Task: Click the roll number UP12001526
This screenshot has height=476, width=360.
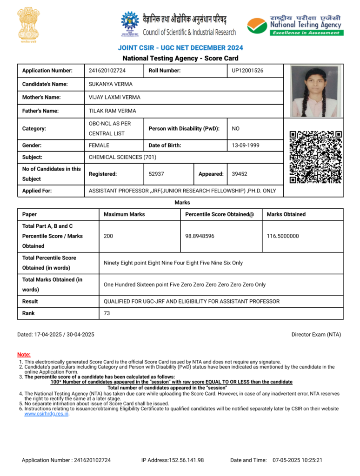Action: (247, 71)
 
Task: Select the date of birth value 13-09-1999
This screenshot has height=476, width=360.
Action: (246, 145)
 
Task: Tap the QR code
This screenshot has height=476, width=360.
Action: (316, 157)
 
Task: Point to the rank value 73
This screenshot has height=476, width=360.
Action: (107, 313)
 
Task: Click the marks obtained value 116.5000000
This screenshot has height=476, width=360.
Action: (283, 236)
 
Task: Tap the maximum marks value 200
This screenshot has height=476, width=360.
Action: (108, 236)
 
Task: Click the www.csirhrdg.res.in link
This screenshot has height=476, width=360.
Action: (47, 414)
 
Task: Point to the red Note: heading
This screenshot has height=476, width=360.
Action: (24, 355)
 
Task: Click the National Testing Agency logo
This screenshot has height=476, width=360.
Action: (295, 24)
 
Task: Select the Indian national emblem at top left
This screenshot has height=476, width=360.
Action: (28, 24)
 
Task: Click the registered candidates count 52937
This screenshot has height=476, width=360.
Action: (156, 174)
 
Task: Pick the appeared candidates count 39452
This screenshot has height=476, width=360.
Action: (240, 174)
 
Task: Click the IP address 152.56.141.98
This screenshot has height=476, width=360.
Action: (173, 460)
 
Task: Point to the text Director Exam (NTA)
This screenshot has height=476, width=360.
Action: (316, 335)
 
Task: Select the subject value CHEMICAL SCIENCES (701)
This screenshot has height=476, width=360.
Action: (122, 157)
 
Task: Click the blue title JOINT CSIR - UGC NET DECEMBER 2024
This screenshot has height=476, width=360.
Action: (180, 48)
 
